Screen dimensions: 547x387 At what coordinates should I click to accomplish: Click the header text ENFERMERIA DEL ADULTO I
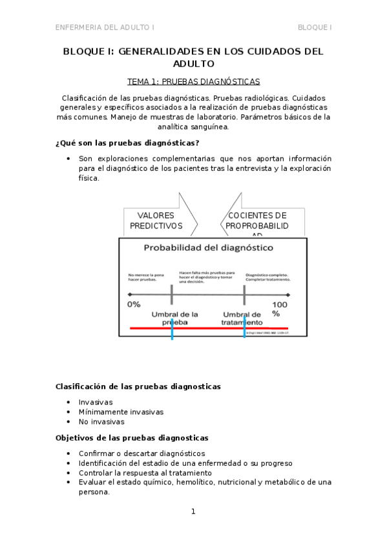pos(105,27)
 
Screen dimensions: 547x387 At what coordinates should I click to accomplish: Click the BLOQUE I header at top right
pos(315,27)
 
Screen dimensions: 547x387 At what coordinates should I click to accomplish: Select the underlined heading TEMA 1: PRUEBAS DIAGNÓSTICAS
pos(193,82)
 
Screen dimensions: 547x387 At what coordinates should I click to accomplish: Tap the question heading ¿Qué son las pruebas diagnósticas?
pos(127,143)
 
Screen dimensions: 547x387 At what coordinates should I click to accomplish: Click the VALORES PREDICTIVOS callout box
pos(156,221)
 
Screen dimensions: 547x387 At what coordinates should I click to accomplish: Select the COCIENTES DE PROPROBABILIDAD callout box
pos(256,221)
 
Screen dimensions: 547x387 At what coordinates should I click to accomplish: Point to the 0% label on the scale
pos(134,304)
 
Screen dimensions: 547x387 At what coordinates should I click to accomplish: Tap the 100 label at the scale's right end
pos(279,304)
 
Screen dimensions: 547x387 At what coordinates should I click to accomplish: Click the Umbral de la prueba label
pos(174,318)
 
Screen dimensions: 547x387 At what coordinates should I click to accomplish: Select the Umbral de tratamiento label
pos(242,318)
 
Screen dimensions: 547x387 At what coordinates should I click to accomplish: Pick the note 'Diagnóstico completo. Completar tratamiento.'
pos(268,277)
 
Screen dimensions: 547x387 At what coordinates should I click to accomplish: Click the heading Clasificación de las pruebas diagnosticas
pos(138,386)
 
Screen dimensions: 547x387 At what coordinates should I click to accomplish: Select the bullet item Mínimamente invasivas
pos(121,412)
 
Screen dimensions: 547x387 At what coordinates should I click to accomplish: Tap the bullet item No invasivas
pos(101,422)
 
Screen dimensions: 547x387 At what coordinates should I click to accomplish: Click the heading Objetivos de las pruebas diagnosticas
pos(132,437)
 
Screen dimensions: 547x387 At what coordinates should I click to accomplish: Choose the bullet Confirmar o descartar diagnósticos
pos(141,453)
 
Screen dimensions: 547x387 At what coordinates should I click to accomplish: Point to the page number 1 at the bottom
pos(193,512)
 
